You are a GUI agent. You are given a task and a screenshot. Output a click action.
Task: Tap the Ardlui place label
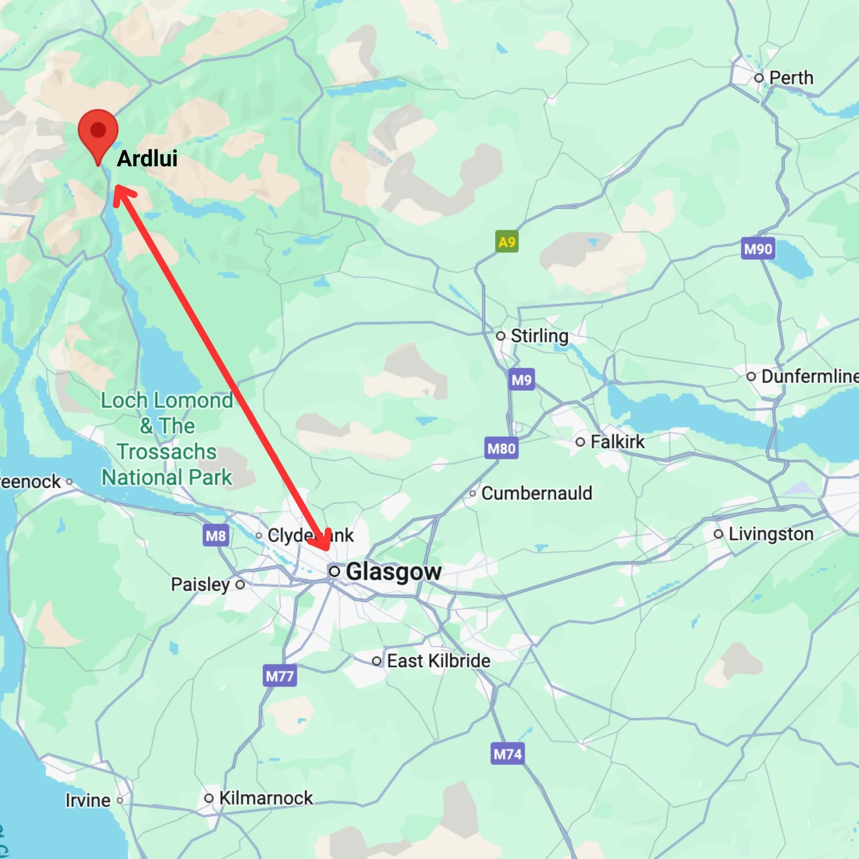click(147, 159)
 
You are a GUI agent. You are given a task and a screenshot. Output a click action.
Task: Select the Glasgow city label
click(393, 572)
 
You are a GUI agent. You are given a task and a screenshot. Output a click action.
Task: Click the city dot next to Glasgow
click(334, 571)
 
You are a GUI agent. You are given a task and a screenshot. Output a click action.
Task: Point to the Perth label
click(791, 78)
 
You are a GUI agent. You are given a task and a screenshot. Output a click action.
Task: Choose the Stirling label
click(539, 336)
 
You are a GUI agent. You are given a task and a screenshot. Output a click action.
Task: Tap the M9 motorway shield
click(522, 380)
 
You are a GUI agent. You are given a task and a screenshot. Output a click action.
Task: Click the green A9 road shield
click(507, 242)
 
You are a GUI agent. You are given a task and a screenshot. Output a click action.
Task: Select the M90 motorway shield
click(758, 248)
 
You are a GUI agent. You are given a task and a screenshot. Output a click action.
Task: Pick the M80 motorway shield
click(501, 448)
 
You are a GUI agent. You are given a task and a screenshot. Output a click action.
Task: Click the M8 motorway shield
click(216, 535)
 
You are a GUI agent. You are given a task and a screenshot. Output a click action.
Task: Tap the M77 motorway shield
click(279, 676)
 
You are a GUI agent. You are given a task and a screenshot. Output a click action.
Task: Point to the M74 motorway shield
click(507, 754)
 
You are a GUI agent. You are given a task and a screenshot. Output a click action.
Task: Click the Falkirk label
click(617, 442)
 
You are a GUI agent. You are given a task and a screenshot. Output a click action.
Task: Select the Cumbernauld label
click(536, 493)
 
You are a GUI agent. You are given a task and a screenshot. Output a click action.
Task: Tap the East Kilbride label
click(438, 661)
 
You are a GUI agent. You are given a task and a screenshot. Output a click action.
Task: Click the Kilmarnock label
click(266, 798)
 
